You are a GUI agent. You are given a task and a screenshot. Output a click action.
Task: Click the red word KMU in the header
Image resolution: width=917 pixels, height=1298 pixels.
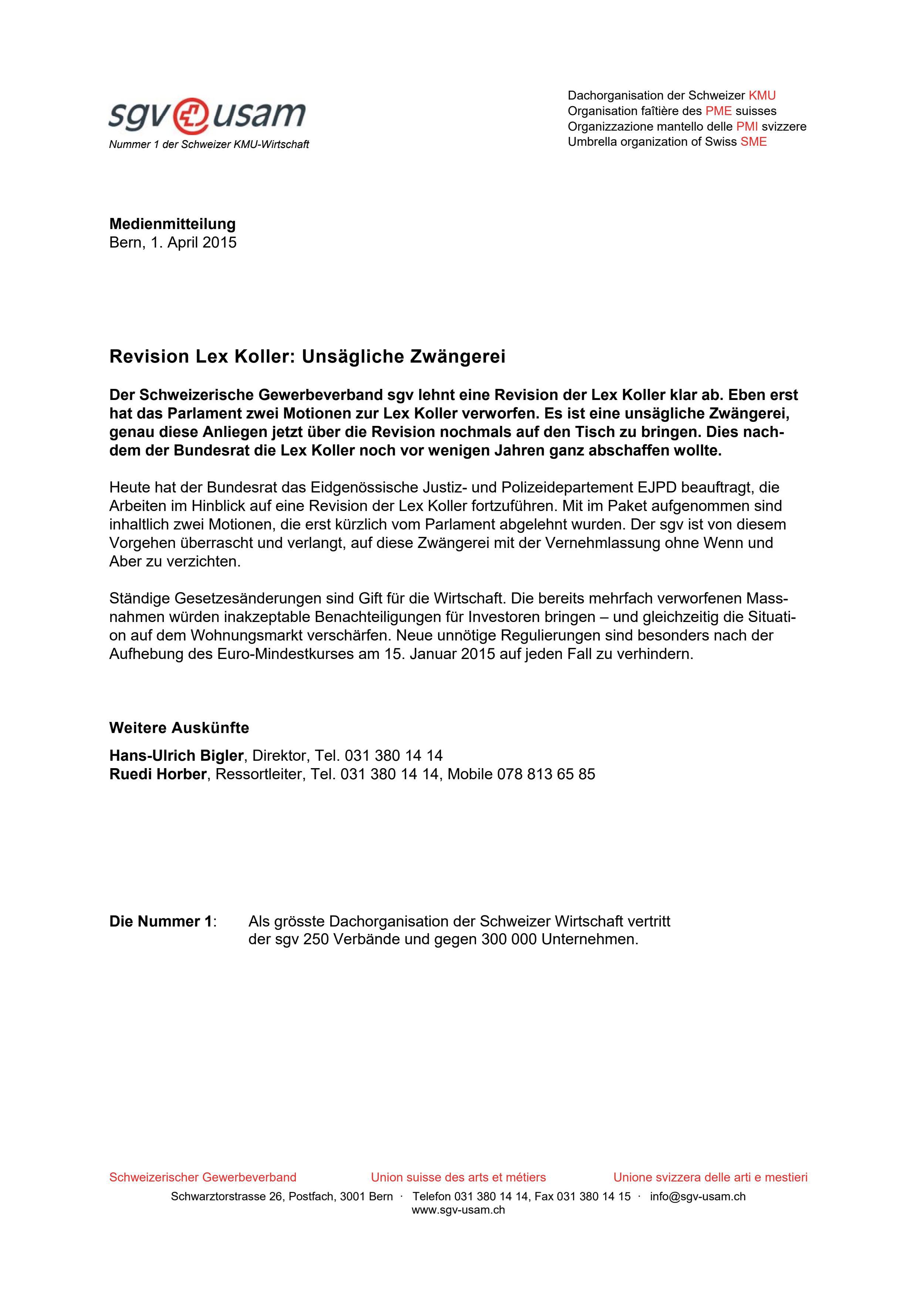point(762,95)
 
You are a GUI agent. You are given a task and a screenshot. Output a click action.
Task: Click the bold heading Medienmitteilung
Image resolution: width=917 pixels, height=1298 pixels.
point(172,224)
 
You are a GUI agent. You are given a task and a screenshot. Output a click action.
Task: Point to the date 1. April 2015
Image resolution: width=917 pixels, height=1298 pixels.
point(193,242)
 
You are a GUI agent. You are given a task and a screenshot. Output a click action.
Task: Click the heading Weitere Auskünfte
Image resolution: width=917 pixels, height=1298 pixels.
point(179,727)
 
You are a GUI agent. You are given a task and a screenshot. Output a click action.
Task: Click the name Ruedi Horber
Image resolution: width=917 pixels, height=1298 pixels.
point(158,774)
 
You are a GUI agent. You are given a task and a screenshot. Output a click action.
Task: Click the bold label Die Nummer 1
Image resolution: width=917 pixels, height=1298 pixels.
point(161,874)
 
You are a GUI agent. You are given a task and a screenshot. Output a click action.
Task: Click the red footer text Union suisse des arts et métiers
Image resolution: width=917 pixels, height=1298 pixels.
point(458,1177)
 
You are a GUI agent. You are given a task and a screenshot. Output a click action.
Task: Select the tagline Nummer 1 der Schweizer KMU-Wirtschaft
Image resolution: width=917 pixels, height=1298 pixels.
point(209,145)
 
